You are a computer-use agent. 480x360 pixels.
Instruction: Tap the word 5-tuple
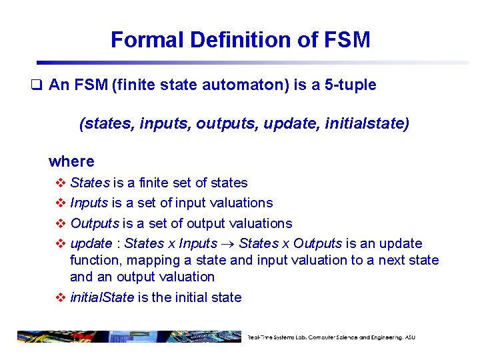pyautogui.click(x=348, y=85)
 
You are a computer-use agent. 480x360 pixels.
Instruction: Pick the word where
pyautogui.click(x=71, y=161)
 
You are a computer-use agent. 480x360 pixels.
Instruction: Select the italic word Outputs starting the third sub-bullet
pyautogui.click(x=95, y=223)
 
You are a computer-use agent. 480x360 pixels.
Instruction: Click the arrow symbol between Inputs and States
pyautogui.click(x=228, y=243)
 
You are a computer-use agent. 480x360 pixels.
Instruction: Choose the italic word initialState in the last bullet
pyautogui.click(x=102, y=297)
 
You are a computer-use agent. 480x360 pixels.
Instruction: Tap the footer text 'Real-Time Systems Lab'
pyautogui.click(x=280, y=337)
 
